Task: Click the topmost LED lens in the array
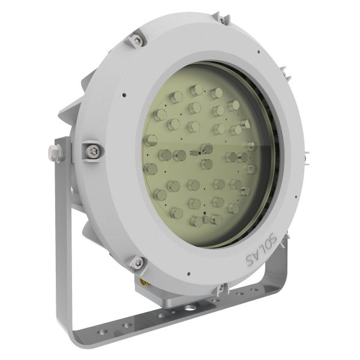(x=195, y=89)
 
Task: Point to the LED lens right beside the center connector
(x=206, y=164)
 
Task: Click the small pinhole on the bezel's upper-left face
(x=122, y=94)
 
